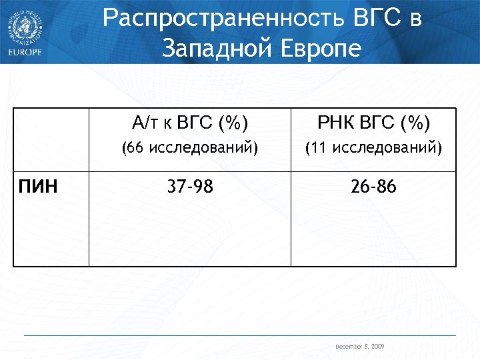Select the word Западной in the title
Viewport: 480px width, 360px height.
pos(212,49)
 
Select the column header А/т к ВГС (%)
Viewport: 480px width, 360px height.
pos(190,123)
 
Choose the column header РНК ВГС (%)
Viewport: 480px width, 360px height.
pos(373,123)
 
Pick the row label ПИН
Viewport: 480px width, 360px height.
pos(37,187)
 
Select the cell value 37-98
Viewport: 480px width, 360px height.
pos(190,187)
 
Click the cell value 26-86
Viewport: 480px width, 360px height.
pos(373,187)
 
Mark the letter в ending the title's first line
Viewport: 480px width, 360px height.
pos(415,21)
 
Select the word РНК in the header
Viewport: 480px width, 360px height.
pos(333,123)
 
